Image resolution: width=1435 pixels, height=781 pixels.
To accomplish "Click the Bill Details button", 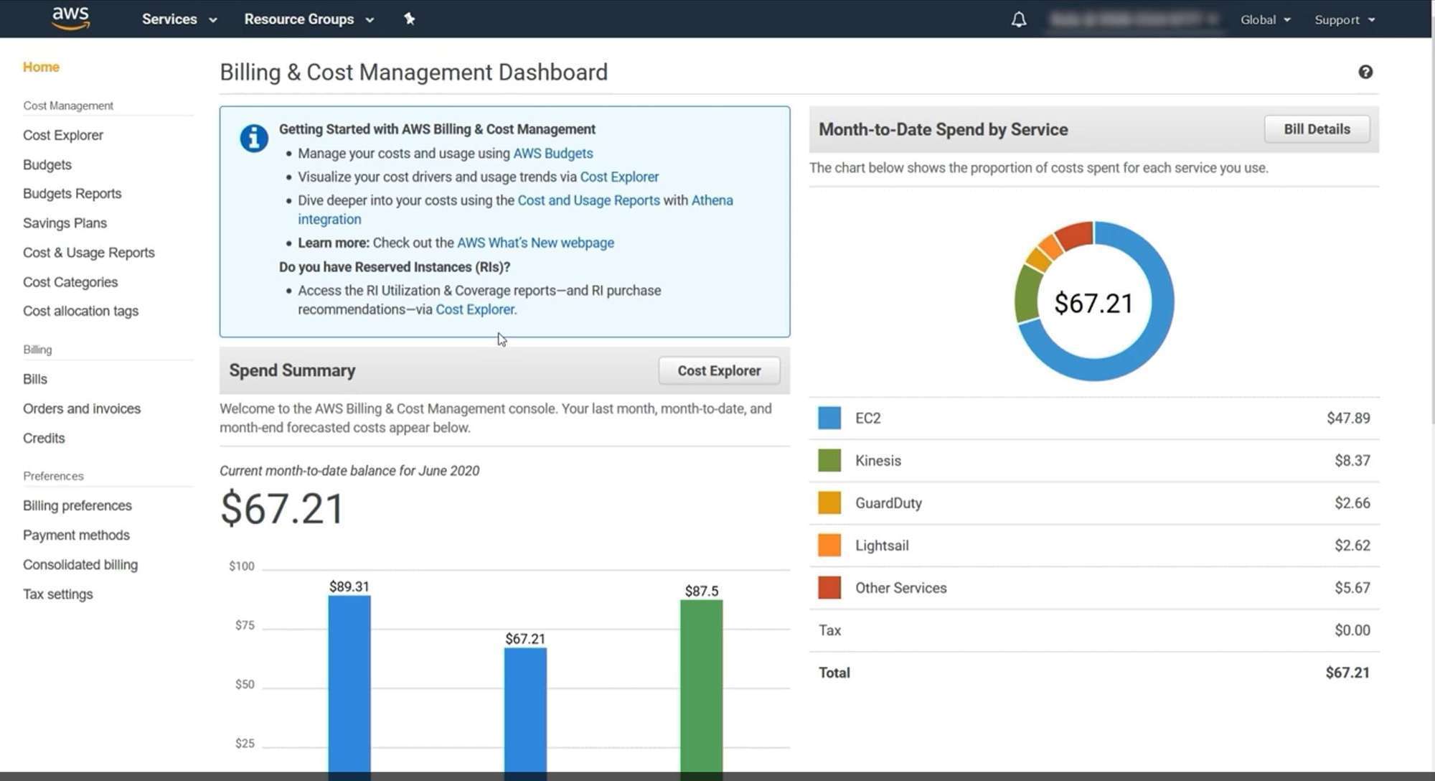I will pos(1317,129).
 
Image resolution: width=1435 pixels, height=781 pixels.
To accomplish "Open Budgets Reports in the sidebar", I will pos(72,194).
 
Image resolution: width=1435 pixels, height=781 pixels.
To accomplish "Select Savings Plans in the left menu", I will pos(65,223).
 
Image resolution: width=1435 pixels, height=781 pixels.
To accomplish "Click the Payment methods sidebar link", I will pos(76,536).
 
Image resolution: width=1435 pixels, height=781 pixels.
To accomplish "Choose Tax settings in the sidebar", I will pos(57,594).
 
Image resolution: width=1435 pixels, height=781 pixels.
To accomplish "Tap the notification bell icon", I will pos(1019,19).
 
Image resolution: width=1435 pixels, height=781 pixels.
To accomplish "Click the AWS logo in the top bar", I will pos(70,18).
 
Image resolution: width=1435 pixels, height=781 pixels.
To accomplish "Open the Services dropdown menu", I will pos(179,19).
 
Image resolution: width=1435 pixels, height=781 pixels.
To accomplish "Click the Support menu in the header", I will pos(1344,20).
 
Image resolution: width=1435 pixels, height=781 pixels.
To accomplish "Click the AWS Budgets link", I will pos(552,154).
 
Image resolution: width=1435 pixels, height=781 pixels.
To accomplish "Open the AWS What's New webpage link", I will pos(535,243).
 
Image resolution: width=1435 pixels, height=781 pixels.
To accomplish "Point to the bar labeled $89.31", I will pos(349,682).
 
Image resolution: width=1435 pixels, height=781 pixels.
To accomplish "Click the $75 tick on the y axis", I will pos(245,625).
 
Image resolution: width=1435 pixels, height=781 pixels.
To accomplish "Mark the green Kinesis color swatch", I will pos(829,461).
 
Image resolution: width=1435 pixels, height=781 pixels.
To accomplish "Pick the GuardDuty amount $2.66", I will pos(1352,503).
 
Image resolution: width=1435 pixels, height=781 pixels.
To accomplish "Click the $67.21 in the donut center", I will pos(1093,304).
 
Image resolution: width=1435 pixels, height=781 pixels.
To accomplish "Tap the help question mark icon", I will pos(1365,72).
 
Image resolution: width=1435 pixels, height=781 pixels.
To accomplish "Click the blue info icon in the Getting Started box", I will pos(254,138).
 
